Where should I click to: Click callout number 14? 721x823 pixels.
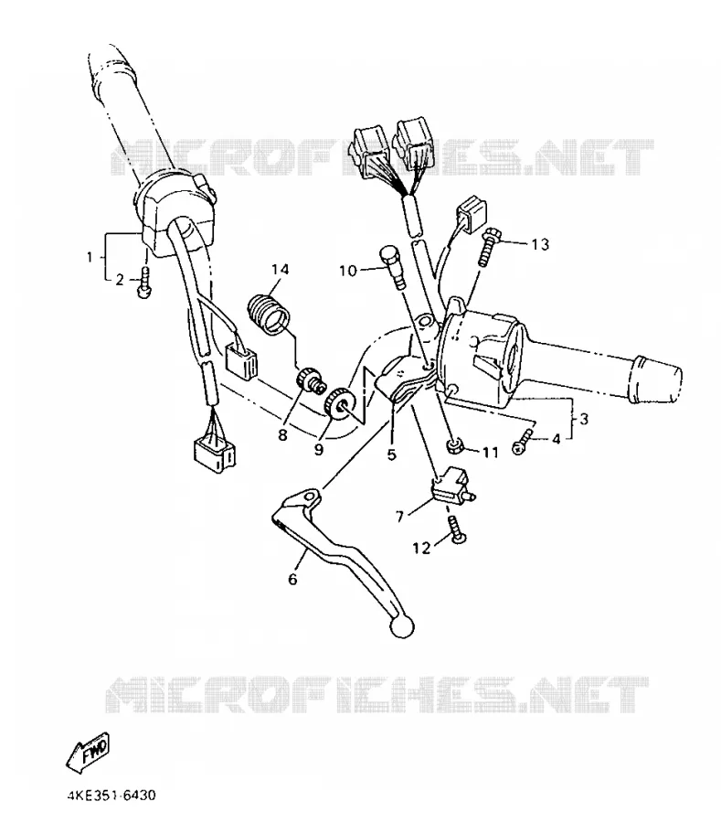[280, 269]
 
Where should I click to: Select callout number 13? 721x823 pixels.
[540, 244]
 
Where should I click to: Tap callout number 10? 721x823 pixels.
[348, 271]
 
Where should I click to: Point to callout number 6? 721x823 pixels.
[292, 579]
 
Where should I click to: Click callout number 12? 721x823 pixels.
[421, 548]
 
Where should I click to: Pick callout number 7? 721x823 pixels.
[400, 517]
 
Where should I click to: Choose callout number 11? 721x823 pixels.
[490, 452]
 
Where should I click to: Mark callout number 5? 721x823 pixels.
[392, 454]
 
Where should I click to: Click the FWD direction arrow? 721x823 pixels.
[88, 751]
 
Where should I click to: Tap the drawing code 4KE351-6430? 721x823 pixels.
[111, 796]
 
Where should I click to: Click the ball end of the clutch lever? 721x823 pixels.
[402, 627]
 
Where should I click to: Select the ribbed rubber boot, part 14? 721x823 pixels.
[269, 315]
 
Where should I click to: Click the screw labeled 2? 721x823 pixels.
[143, 283]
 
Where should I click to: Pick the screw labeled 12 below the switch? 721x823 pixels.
[457, 530]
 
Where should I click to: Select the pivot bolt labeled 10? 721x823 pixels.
[393, 267]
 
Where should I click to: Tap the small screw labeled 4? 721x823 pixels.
[523, 441]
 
